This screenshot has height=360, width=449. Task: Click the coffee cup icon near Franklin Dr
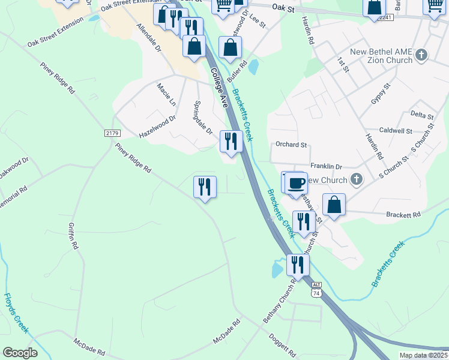[x=295, y=182]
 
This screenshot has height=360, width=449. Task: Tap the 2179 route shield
[x=112, y=133]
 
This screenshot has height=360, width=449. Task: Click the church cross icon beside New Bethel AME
[x=421, y=56]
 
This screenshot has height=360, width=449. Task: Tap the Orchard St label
[x=291, y=145]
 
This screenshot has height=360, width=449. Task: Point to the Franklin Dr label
[x=326, y=166]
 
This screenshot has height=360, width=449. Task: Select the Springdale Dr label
[x=202, y=116]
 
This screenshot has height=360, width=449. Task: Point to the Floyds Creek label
[x=16, y=313]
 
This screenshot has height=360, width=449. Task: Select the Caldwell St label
[x=396, y=130]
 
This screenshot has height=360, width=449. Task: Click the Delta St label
[x=421, y=114]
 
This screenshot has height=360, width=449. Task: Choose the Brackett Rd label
[x=404, y=214]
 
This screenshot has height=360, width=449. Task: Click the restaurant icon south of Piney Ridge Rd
[x=205, y=187]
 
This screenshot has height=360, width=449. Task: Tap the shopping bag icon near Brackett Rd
[x=334, y=205]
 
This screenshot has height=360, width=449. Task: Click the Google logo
[x=20, y=353]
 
